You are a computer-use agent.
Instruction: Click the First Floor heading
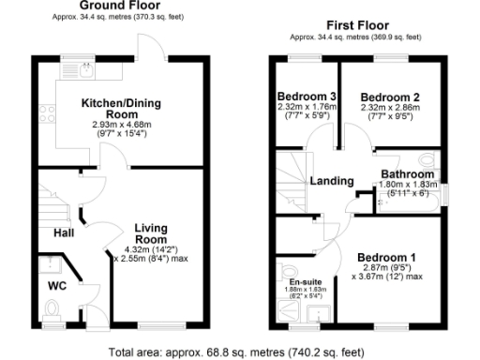pyautogui.click(x=358, y=24)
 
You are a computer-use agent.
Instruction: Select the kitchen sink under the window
pyautogui.click(x=83, y=68)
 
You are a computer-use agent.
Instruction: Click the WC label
pyautogui.click(x=58, y=286)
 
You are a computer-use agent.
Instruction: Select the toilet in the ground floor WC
pyautogui.click(x=52, y=307)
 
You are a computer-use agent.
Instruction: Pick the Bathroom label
pyautogui.click(x=407, y=174)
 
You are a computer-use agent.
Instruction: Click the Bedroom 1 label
pyautogui.click(x=386, y=257)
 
